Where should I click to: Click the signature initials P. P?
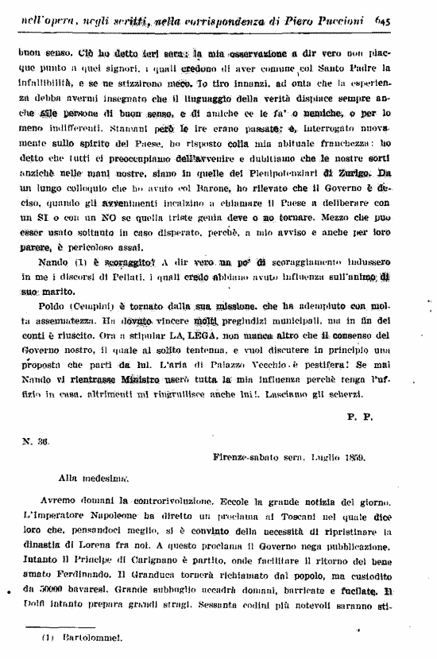pyautogui.click(x=360, y=416)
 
